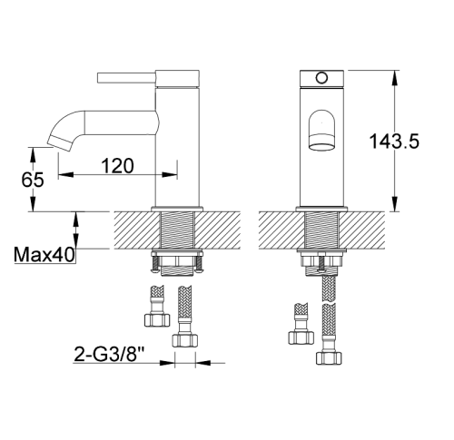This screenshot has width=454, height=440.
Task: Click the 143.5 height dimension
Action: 394,141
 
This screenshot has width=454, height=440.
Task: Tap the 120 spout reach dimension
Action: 117,166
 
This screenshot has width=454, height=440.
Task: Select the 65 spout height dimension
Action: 33,180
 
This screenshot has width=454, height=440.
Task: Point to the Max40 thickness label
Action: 44,255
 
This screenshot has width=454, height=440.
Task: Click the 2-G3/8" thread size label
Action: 109,354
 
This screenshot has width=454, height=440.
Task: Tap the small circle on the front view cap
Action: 321,78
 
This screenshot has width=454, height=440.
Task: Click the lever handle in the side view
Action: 126,78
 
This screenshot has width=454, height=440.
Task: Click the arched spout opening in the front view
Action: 321,130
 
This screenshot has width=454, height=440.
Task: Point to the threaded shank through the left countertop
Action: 177,230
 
